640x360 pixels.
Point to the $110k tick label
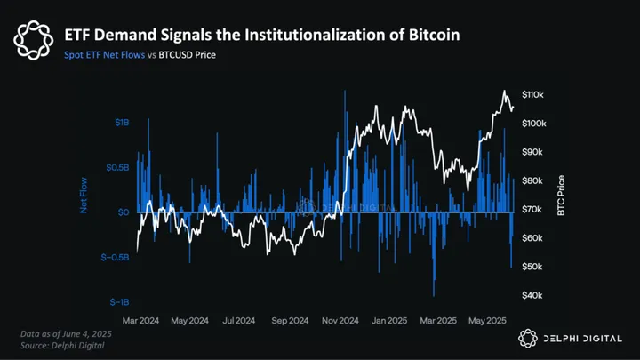pyautogui.click(x=540, y=95)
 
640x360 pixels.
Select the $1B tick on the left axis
pyautogui.click(x=123, y=122)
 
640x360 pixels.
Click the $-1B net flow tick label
pyautogui.click(x=120, y=302)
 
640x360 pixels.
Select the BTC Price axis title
pyautogui.click(x=559, y=195)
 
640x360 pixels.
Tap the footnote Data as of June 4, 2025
pyautogui.click(x=68, y=332)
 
